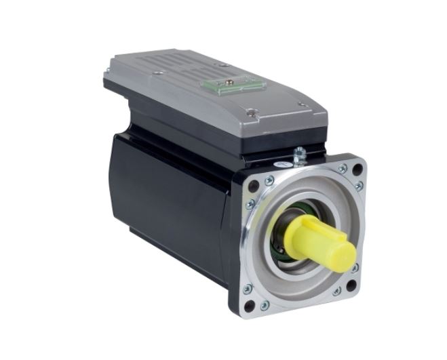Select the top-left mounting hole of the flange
253,183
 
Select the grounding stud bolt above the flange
298,155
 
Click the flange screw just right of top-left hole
269,180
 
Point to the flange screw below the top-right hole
358,185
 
